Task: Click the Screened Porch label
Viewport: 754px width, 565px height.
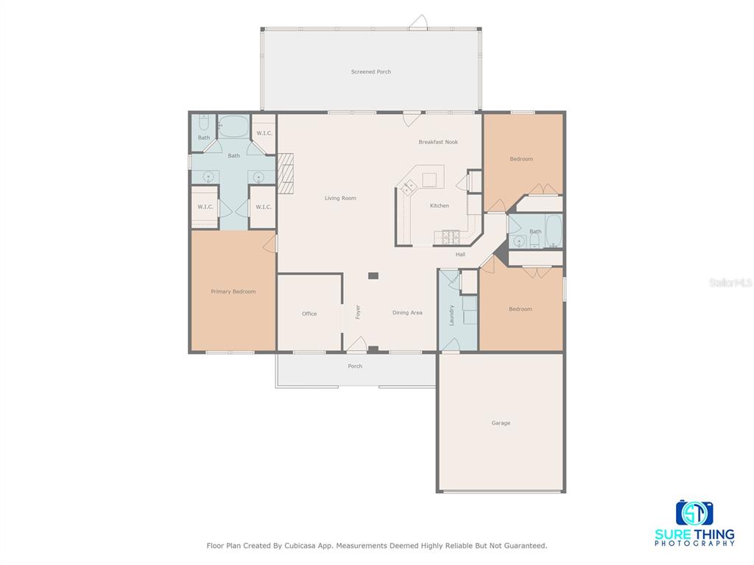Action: (x=371, y=72)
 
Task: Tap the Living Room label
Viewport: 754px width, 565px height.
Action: (x=340, y=198)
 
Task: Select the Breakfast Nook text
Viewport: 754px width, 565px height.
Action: (x=438, y=142)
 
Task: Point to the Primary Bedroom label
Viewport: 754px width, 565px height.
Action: (x=233, y=291)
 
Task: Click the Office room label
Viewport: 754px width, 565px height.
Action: (x=309, y=313)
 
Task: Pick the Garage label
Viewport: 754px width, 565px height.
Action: (x=501, y=423)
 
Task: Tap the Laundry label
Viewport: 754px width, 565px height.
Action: (x=451, y=315)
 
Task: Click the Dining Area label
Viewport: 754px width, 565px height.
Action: (x=407, y=313)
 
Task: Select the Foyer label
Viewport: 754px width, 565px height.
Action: (x=358, y=312)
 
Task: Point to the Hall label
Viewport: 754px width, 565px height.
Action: (x=460, y=255)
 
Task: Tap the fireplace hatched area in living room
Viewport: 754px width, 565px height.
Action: (x=285, y=174)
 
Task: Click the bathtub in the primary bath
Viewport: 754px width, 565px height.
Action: (x=233, y=127)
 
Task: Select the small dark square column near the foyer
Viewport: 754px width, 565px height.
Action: (x=373, y=276)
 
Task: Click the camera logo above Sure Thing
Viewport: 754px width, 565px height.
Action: (x=694, y=513)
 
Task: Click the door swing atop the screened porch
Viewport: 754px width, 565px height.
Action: (x=418, y=22)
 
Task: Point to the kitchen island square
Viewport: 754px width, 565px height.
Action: (x=429, y=180)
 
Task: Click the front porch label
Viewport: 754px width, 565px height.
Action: (x=355, y=366)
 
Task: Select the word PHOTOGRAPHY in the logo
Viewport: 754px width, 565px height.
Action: (x=695, y=544)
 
